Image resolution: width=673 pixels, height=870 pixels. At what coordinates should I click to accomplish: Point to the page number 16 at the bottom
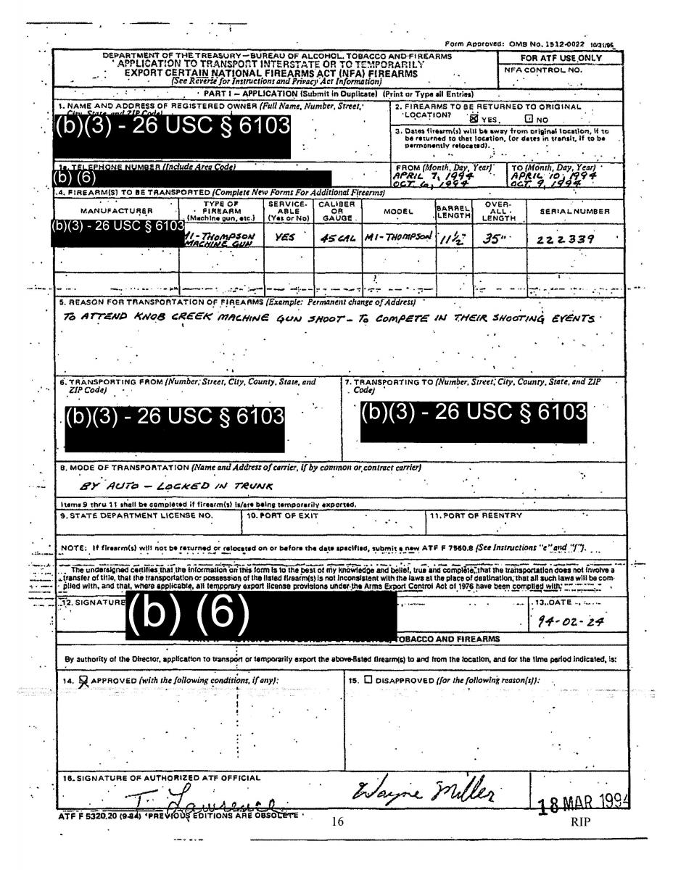(336, 822)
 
